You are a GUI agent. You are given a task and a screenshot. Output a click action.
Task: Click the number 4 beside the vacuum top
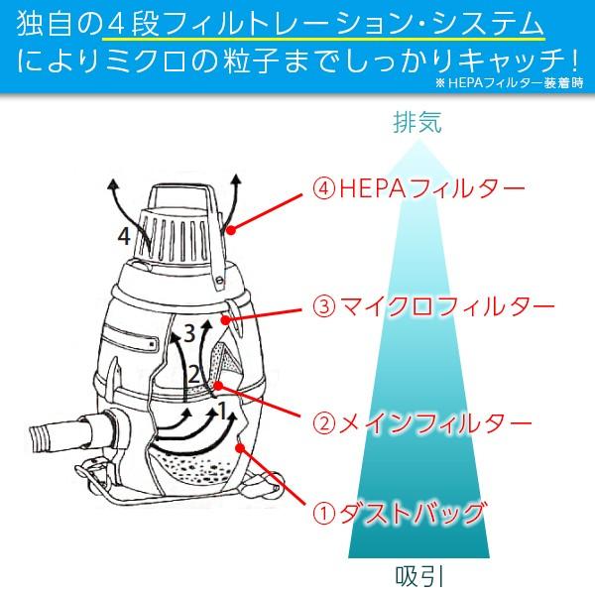pyautogui.click(x=123, y=236)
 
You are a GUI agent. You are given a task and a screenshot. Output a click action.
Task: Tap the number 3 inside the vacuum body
pyautogui.click(x=188, y=333)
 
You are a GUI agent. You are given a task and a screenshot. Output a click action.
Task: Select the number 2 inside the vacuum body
pyautogui.click(x=195, y=374)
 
